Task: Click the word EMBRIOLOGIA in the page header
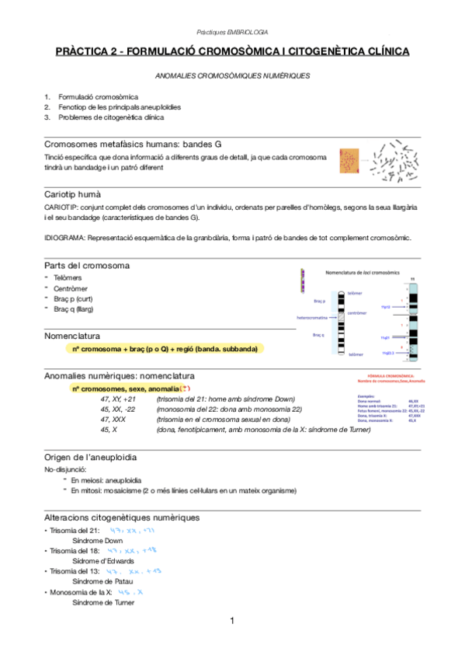click(247, 32)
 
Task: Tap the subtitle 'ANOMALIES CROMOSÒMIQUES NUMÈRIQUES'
click(232, 76)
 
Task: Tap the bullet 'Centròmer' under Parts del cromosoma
click(75, 288)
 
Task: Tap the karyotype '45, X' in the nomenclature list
click(109, 428)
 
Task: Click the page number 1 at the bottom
click(232, 621)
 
